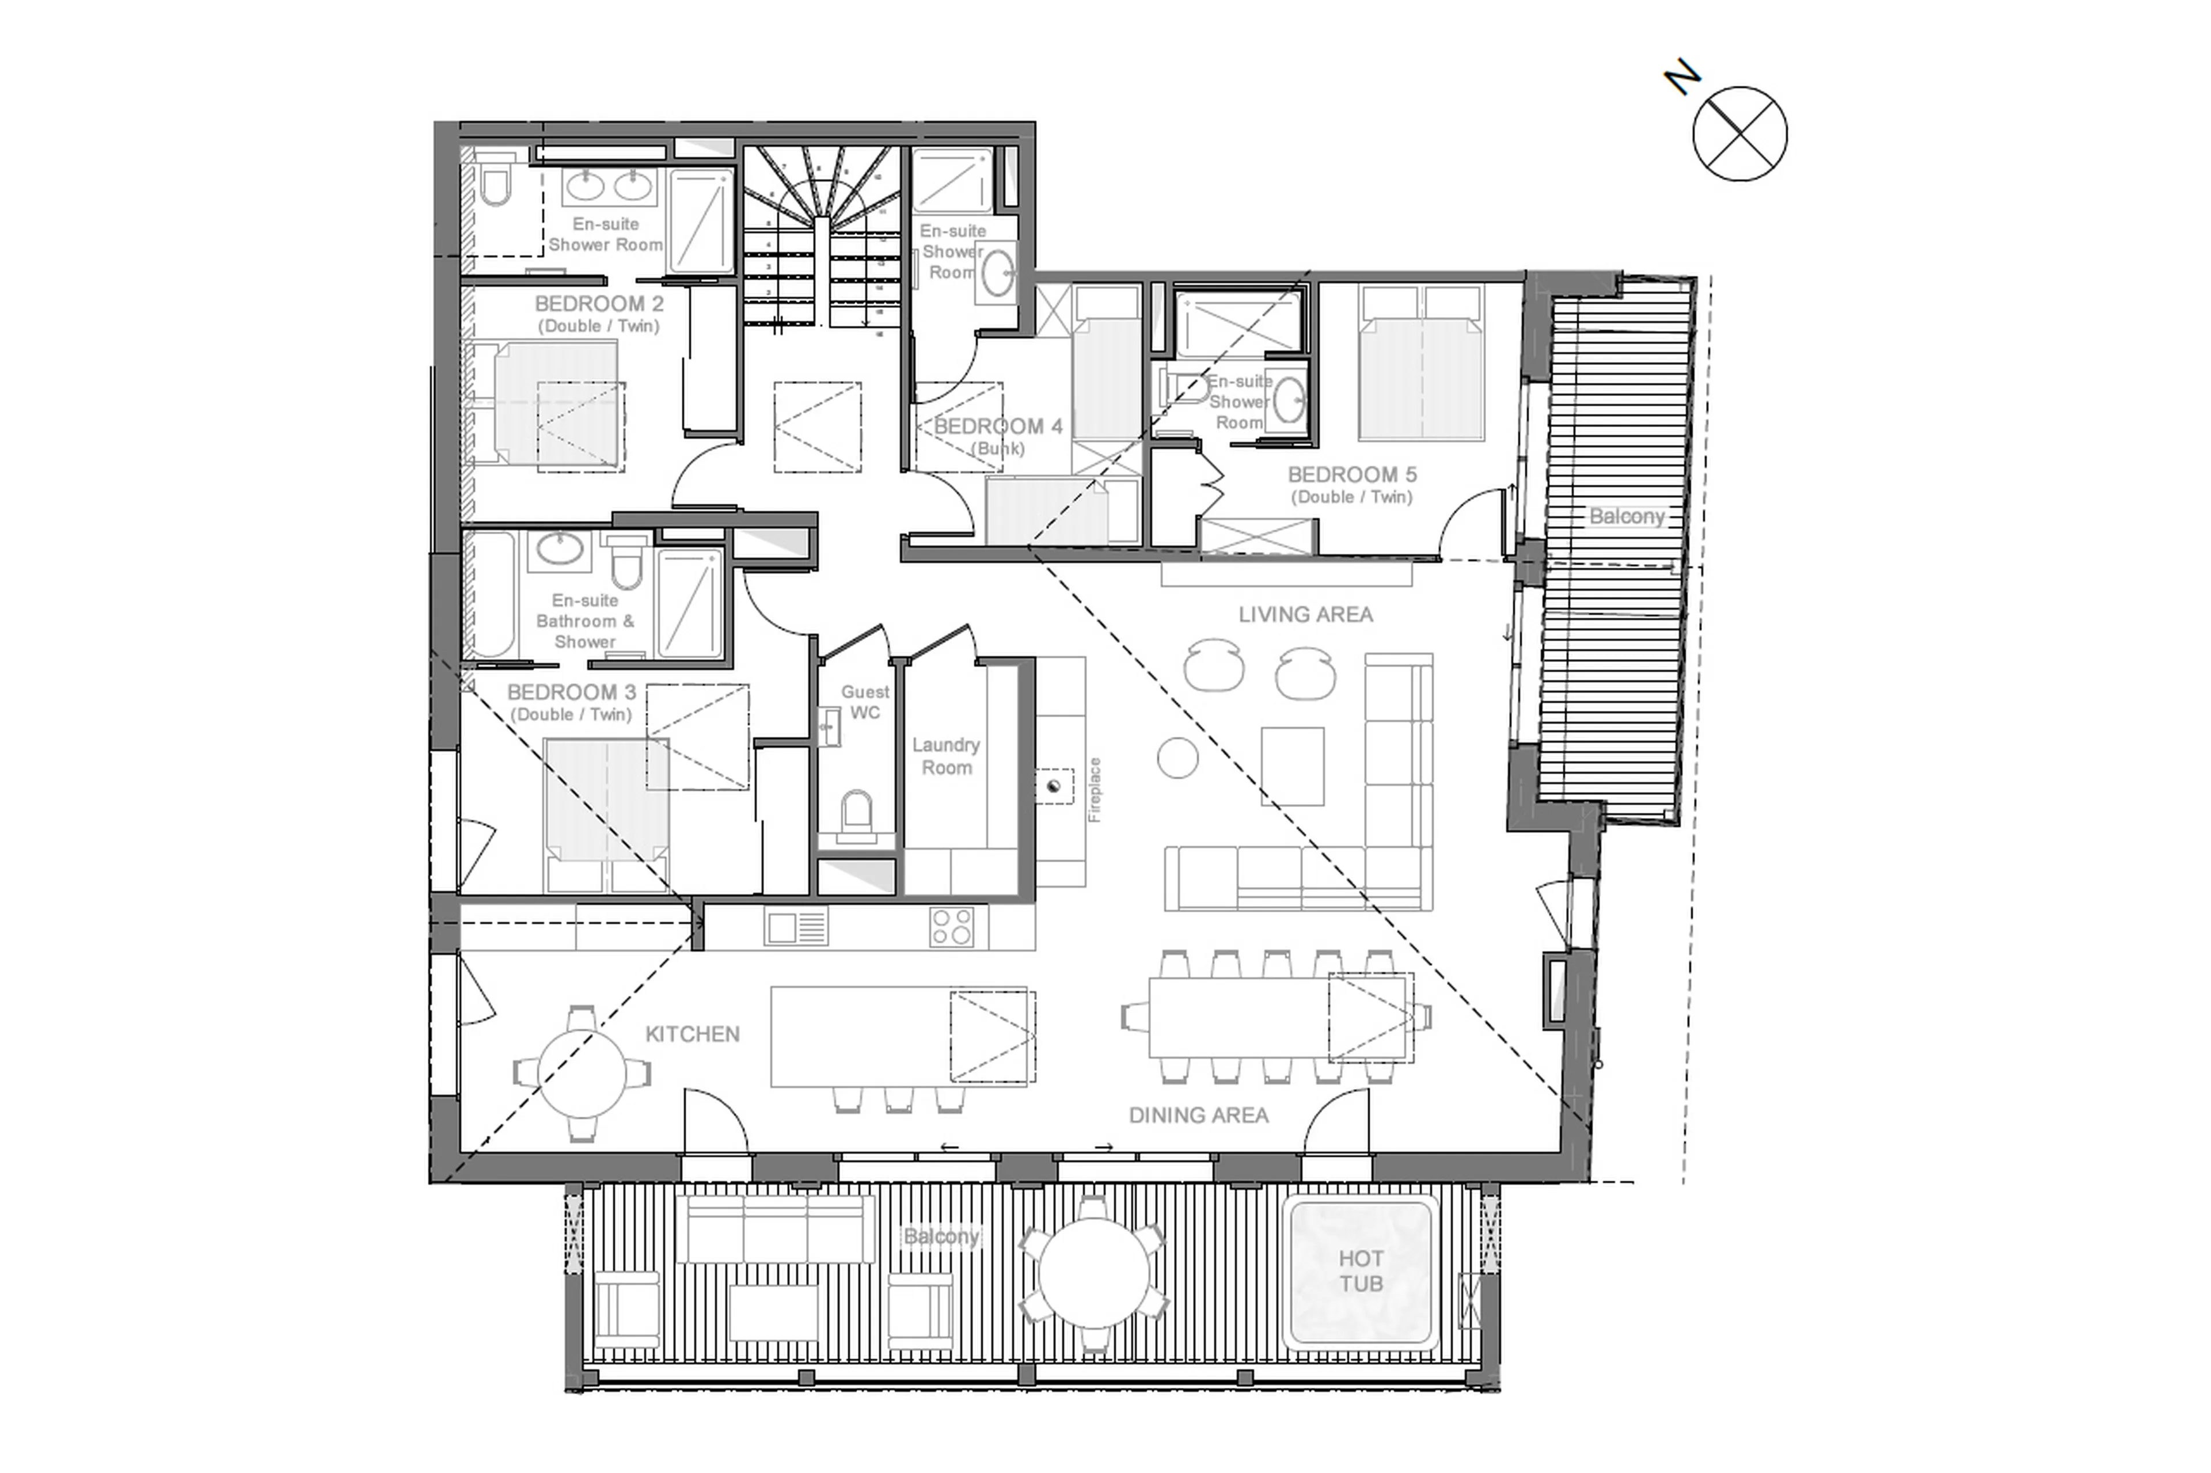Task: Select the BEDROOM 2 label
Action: point(599,305)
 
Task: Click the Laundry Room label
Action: point(945,755)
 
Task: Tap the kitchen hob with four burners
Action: point(951,926)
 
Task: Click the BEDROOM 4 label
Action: point(997,427)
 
